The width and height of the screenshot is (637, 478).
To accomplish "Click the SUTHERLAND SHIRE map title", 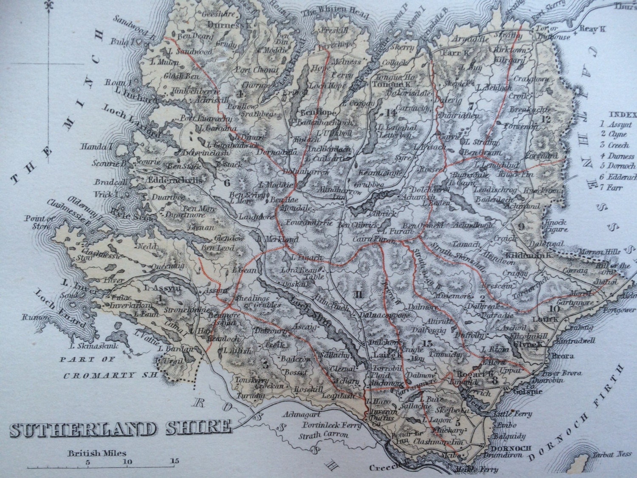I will [120, 428].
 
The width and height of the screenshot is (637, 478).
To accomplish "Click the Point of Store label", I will [35, 222].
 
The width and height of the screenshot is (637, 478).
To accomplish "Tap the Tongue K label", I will [385, 84].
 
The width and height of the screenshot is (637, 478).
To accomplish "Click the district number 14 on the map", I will [390, 113].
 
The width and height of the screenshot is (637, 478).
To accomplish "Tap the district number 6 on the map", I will [227, 183].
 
